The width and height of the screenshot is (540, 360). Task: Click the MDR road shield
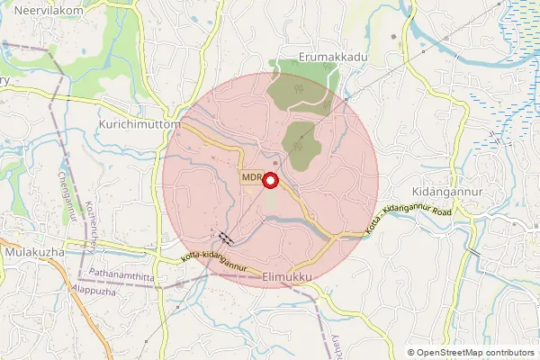250,178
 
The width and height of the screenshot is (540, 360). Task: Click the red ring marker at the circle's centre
270,180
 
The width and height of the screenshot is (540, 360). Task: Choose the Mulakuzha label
33,252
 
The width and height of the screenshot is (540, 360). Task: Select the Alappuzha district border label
94,291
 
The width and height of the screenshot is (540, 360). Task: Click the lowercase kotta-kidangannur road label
214,261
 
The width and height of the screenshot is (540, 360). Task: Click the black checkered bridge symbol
224,238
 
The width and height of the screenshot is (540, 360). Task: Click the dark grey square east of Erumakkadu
393,38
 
